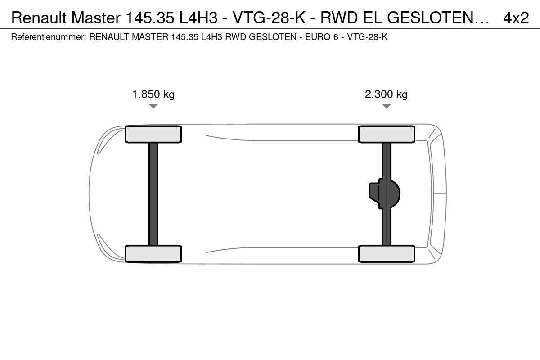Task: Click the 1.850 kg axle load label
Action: [153, 94]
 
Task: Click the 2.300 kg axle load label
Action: [386, 94]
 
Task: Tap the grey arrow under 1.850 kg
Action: [153, 106]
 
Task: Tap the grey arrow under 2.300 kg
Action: [387, 106]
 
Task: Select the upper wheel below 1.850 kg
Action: [153, 134]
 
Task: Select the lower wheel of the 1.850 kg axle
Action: [153, 254]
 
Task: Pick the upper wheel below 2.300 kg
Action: [387, 134]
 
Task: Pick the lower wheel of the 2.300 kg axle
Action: [387, 254]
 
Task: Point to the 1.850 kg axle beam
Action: [153, 194]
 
